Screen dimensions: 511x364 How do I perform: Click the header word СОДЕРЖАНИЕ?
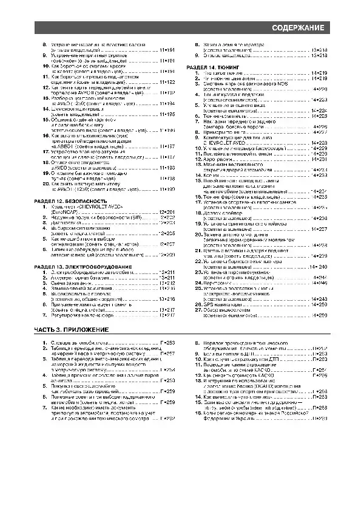point(297,29)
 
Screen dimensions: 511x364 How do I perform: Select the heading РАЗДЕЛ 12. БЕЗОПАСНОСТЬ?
point(70,201)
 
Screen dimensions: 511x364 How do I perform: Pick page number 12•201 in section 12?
point(166,211)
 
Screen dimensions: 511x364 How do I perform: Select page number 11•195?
point(166,114)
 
